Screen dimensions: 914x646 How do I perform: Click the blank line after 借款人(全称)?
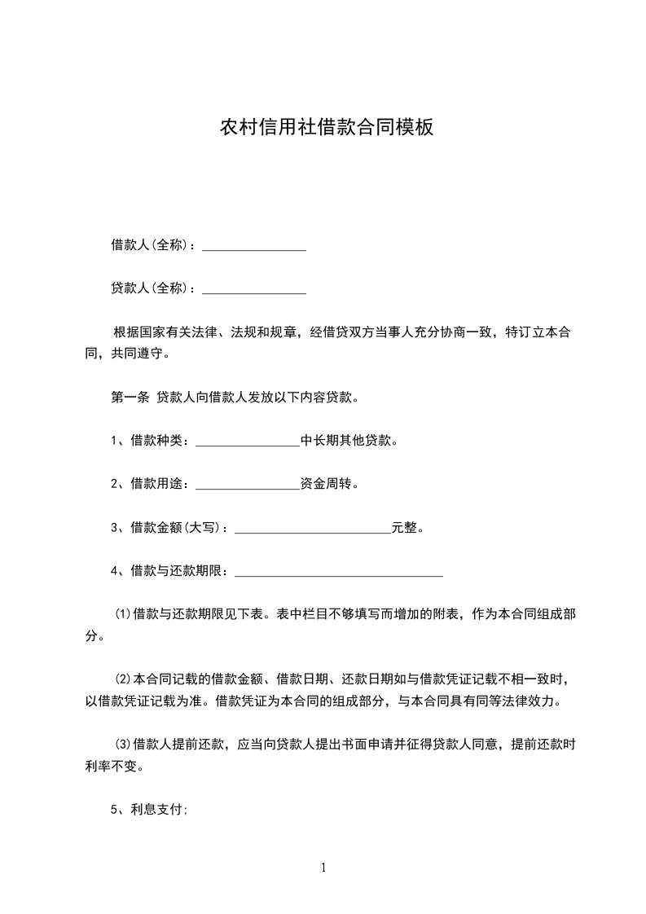pyautogui.click(x=253, y=246)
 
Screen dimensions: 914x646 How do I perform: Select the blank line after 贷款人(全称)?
pyautogui.click(x=253, y=289)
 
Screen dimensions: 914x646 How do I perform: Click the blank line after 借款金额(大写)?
pyautogui.click(x=313, y=530)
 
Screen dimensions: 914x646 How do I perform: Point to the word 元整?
pyautogui.click(x=404, y=528)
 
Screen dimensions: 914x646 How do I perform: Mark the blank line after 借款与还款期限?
pyautogui.click(x=339, y=573)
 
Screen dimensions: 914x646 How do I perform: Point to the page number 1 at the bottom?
pyautogui.click(x=323, y=868)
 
